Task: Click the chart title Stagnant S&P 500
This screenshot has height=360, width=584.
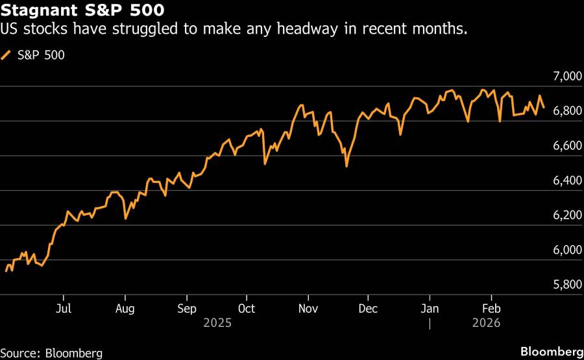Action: click(82, 11)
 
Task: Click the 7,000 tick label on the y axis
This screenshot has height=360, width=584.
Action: click(563, 77)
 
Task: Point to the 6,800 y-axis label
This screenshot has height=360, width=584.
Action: click(563, 112)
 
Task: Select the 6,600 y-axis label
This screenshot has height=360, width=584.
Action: click(563, 147)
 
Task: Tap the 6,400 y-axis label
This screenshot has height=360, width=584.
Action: click(563, 181)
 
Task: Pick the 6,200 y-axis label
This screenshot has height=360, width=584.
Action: click(563, 216)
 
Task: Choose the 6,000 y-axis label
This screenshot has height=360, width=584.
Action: click(563, 250)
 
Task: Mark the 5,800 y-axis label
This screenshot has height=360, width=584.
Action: click(563, 285)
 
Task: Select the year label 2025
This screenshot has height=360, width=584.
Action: click(217, 322)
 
